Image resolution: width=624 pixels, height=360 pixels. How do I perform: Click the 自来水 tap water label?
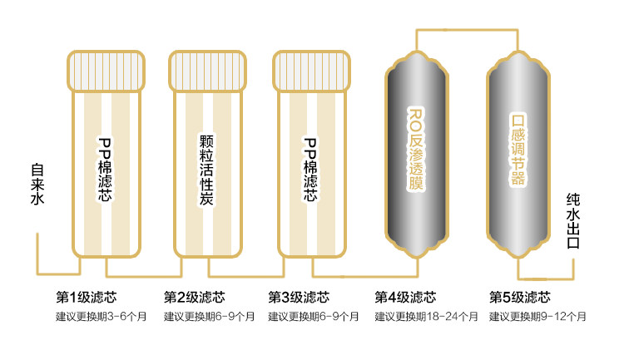[37, 184]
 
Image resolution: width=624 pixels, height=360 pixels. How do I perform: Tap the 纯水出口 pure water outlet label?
[572, 221]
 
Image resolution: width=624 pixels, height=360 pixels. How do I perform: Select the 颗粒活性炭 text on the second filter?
[206, 170]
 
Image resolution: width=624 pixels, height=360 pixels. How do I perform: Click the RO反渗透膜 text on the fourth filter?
[416, 149]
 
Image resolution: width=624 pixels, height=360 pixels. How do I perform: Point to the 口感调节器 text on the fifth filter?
[518, 150]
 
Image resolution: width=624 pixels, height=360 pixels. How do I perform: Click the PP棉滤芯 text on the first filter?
[105, 170]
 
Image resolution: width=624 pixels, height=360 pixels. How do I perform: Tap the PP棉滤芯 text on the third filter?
[310, 170]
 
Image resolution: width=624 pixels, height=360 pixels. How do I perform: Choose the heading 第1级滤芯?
[87, 297]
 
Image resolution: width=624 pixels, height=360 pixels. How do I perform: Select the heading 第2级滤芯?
[194, 297]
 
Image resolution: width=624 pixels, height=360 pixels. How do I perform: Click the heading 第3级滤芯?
[299, 297]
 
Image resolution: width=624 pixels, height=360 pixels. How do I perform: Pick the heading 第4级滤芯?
[405, 297]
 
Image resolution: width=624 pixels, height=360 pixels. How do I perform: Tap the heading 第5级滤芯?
[520, 297]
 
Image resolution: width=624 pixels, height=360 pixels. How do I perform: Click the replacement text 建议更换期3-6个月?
[101, 317]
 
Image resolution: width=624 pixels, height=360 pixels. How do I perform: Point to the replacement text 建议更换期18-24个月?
[426, 317]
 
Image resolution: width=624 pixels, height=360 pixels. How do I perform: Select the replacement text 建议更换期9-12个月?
[537, 317]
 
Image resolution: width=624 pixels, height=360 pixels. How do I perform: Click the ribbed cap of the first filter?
[106, 72]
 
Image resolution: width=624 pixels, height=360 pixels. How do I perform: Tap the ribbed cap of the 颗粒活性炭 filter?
[208, 72]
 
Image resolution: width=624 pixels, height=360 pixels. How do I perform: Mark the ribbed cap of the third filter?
[312, 72]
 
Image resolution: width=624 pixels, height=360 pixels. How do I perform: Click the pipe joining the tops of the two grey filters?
[468, 30]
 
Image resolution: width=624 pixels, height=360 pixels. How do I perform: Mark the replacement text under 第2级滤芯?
[210, 317]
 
